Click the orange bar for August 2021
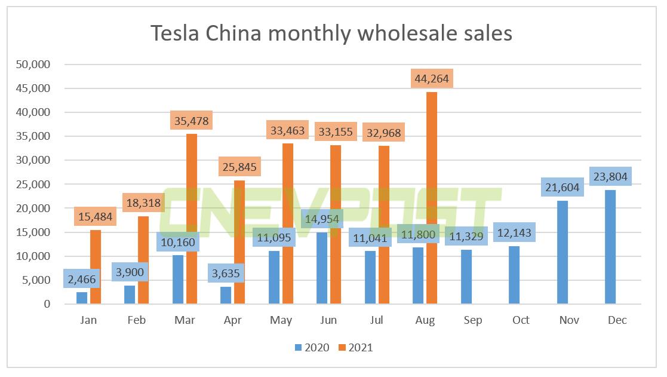(431, 198)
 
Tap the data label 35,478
(191, 121)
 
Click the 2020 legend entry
(311, 347)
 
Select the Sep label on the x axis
(473, 320)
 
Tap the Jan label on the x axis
(88, 320)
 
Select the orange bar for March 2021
(191, 219)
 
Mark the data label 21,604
(563, 186)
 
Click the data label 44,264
(431, 78)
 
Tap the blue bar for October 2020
(515, 275)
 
